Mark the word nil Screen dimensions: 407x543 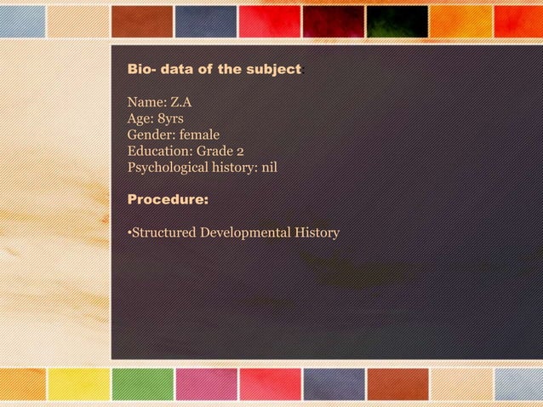click(270, 167)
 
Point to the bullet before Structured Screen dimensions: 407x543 click(129, 233)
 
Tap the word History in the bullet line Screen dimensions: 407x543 click(317, 232)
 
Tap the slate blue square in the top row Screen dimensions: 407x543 click(205, 21)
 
